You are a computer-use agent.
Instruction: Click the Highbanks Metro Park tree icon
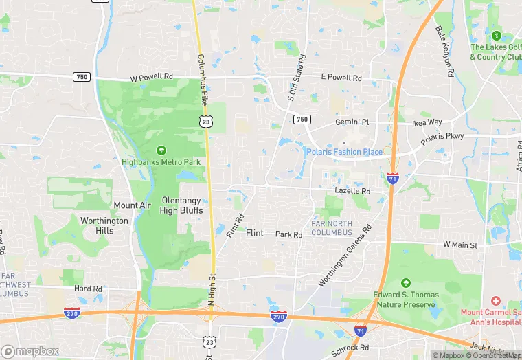click(x=161, y=150)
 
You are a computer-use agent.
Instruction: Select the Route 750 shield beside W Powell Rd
click(x=82, y=77)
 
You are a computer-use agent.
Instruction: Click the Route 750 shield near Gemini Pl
click(x=302, y=119)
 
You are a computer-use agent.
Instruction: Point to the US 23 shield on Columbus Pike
click(x=205, y=121)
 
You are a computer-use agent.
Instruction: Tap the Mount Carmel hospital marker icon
click(x=496, y=302)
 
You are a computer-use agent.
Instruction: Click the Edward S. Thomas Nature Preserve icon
click(x=405, y=282)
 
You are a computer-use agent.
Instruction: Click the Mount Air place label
click(x=132, y=205)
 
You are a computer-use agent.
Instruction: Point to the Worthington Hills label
click(x=104, y=226)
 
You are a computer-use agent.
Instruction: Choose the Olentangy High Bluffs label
click(x=182, y=205)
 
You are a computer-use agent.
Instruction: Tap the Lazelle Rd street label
click(x=352, y=191)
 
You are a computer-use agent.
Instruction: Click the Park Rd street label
click(x=289, y=234)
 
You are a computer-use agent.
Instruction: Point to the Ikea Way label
click(x=427, y=122)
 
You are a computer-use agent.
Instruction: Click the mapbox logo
click(x=30, y=351)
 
